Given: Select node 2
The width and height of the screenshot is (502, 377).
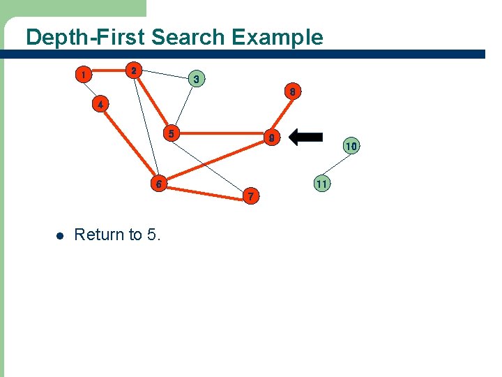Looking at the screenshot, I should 134,71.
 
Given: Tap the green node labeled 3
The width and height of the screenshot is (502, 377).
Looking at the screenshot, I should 197,79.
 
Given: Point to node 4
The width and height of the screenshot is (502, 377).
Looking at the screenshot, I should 100,105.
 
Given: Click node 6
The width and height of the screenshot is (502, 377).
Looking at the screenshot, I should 160,184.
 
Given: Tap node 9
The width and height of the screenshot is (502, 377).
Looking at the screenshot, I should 273,139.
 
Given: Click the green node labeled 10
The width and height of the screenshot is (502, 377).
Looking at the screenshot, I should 350,146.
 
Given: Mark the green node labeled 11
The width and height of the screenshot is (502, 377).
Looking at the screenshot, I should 321,184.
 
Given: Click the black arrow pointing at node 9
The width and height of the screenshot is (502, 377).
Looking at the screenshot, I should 305,138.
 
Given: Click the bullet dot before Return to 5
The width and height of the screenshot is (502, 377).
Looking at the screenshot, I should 59,235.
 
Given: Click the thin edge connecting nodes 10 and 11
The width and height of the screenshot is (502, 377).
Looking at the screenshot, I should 336,165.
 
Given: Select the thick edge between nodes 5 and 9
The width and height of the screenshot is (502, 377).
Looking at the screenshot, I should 222,133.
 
